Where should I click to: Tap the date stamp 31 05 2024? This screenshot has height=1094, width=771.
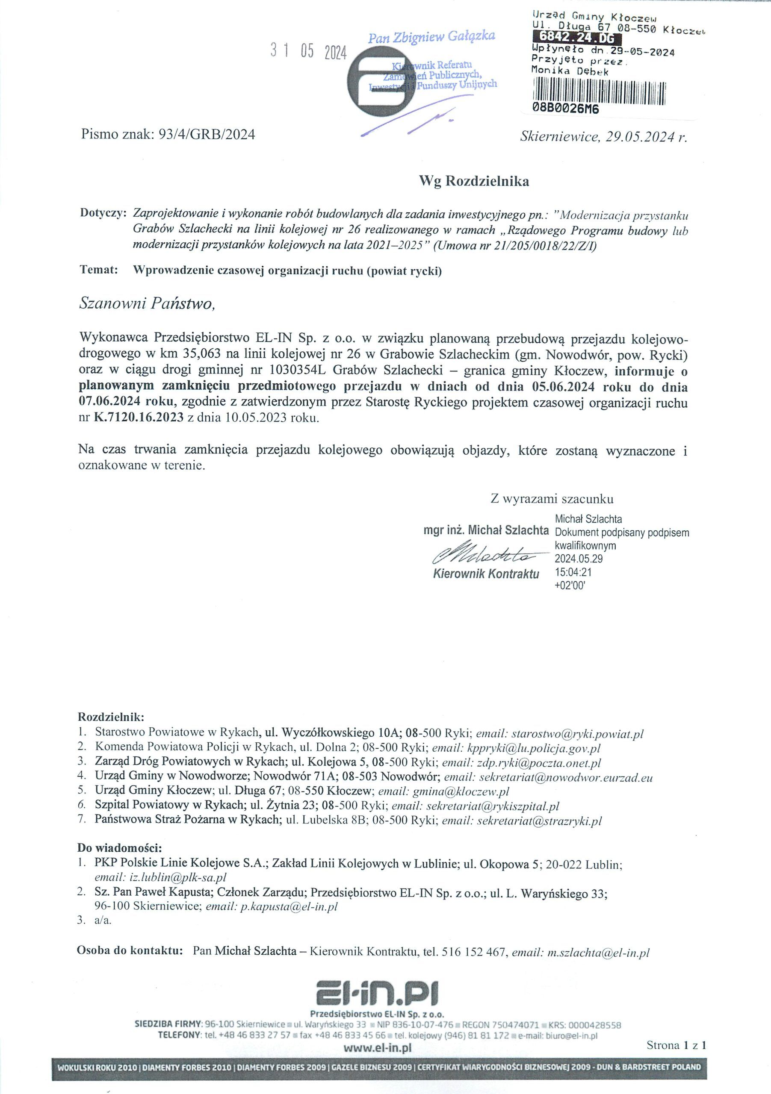308,51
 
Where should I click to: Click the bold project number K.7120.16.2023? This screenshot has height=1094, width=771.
139,418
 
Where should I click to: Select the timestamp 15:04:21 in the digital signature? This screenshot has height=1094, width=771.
573,572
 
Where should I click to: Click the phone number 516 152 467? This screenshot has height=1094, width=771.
473,953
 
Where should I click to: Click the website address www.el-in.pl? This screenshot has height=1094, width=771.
377,1048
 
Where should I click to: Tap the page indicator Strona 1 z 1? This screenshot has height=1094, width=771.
676,1045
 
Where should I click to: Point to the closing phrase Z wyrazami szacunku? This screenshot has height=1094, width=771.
552,499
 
